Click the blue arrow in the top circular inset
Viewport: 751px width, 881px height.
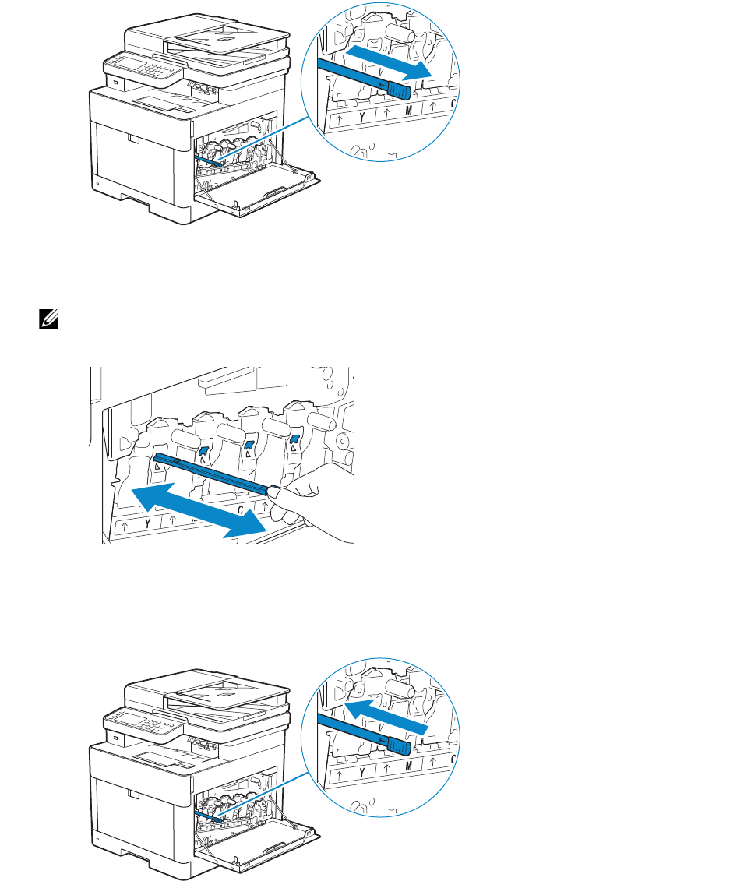[387, 59]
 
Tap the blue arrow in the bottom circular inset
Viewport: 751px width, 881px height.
[387, 714]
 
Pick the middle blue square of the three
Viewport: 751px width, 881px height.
[250, 446]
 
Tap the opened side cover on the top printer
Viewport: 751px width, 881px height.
[257, 196]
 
